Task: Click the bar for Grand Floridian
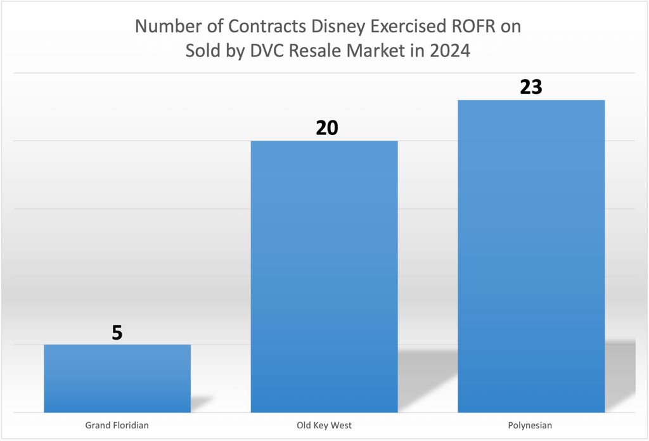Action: click(x=117, y=378)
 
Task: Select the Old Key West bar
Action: click(x=324, y=276)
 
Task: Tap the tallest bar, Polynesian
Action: click(x=531, y=256)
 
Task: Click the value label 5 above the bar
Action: click(x=117, y=333)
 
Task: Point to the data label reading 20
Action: click(x=327, y=129)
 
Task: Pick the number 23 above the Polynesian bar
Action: click(x=531, y=87)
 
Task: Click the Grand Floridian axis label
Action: click(x=117, y=425)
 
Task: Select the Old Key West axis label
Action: click(x=324, y=425)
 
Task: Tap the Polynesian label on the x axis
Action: click(x=531, y=425)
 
